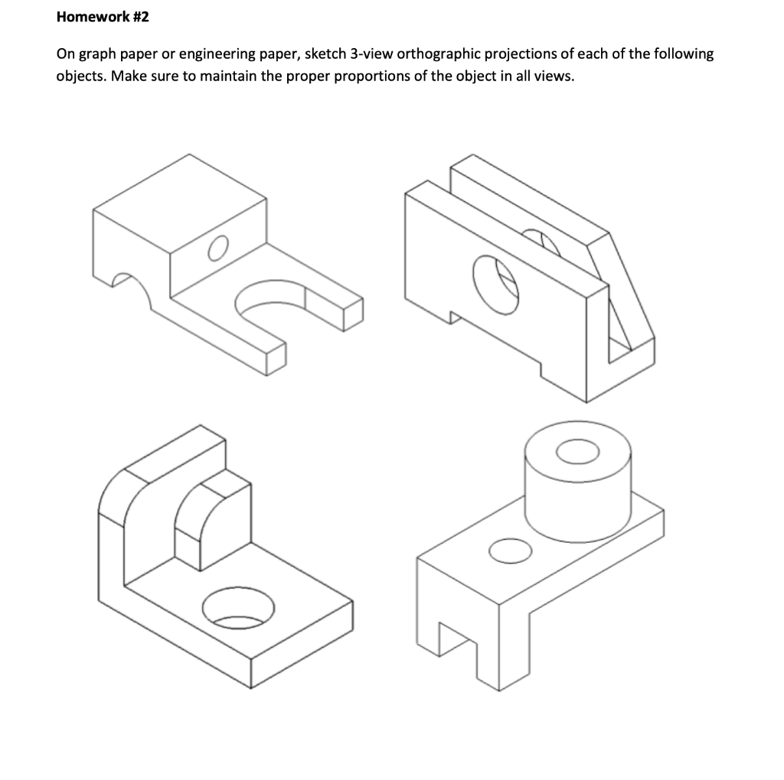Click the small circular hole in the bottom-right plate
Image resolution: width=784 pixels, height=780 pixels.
tap(509, 549)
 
